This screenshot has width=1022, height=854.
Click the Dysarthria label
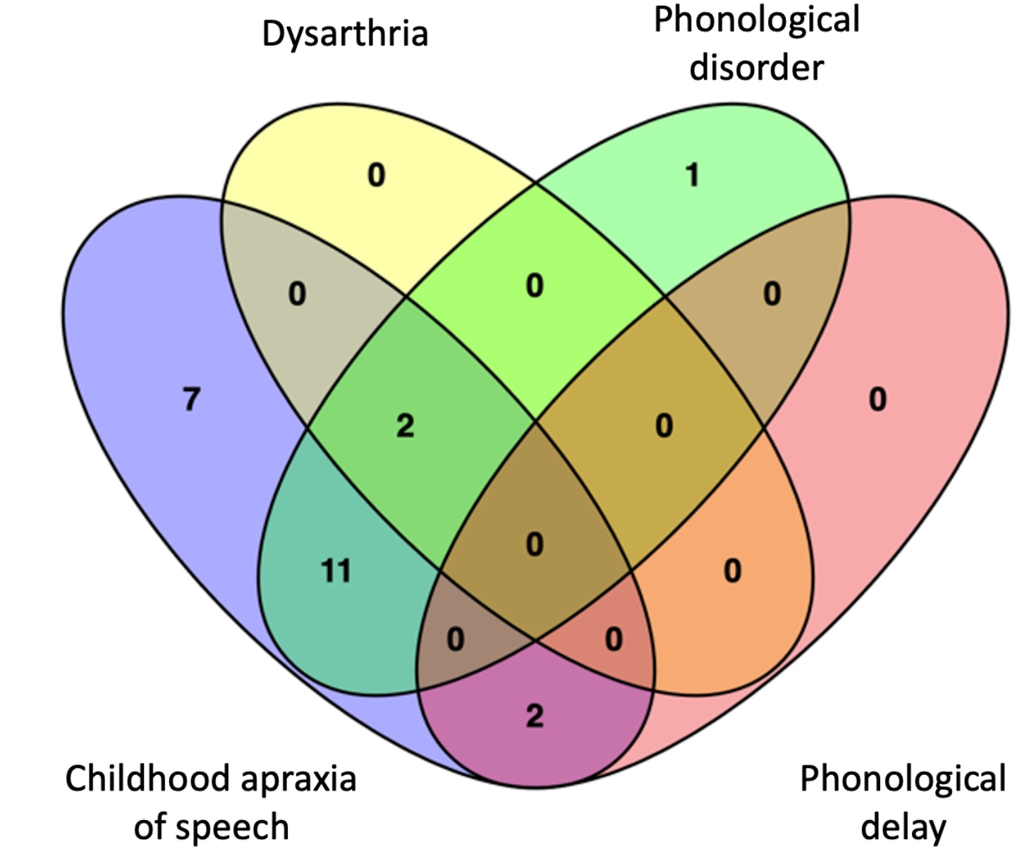tap(345, 34)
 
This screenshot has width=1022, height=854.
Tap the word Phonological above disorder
tap(756, 20)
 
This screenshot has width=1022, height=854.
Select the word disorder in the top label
tap(756, 68)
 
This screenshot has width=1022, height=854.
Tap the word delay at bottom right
tap(903, 827)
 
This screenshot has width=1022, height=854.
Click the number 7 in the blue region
tap(191, 400)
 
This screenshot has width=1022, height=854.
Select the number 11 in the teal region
tap(336, 571)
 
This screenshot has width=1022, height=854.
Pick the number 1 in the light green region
tap(693, 175)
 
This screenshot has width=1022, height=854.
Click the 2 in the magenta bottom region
tap(535, 716)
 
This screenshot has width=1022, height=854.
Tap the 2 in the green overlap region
tap(405, 426)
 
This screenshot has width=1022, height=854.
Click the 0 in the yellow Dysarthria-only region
tap(377, 175)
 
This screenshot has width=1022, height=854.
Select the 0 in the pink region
tap(877, 400)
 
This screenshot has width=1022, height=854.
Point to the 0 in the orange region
tap(733, 571)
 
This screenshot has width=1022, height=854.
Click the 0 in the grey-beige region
tap(297, 293)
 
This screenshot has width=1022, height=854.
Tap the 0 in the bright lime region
tap(535, 286)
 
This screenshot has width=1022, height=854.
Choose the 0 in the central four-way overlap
tap(535, 544)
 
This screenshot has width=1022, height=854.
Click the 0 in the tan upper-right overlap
tap(772, 293)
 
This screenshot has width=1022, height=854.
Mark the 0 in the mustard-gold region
tap(664, 426)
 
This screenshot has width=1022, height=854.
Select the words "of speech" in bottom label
tap(212, 827)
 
